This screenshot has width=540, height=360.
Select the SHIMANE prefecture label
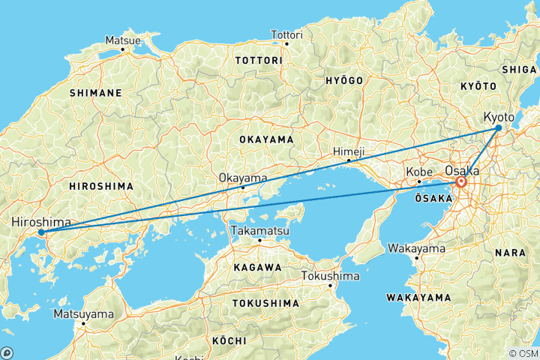click(95, 93)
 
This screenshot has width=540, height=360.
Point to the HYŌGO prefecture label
click(345, 80)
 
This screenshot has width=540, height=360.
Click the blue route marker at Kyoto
click(499, 128)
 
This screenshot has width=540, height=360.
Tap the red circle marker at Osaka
click(461, 182)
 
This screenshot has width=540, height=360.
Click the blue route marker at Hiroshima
click(41, 232)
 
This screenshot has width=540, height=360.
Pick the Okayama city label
click(242, 178)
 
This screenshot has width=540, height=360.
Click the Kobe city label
click(418, 172)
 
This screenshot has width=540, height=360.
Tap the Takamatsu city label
click(259, 230)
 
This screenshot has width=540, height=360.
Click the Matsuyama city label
click(83, 313)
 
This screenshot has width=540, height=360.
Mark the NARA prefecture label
click(510, 253)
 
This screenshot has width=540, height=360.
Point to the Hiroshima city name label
click(41, 223)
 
